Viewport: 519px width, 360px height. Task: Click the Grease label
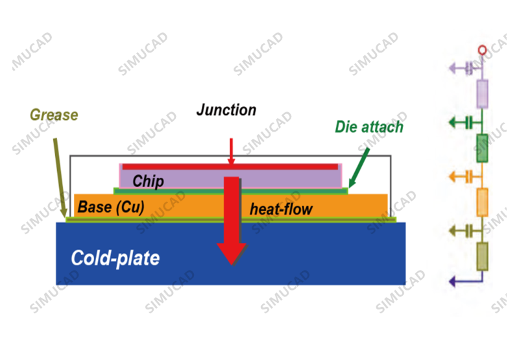(54, 115)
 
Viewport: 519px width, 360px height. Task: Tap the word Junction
(226, 110)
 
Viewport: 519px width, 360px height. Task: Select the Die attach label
(369, 126)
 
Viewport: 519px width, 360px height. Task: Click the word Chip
(148, 182)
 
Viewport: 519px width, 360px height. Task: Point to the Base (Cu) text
(111, 207)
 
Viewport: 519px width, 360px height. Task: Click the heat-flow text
(281, 209)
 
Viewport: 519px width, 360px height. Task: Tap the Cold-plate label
(115, 258)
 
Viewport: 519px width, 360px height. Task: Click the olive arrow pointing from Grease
(60, 178)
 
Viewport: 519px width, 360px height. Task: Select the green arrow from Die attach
(359, 168)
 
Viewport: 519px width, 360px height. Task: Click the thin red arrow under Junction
(231, 151)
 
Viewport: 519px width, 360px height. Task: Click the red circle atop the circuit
(482, 51)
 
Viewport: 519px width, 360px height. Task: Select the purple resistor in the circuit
(482, 94)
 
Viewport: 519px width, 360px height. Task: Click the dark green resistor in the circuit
(482, 149)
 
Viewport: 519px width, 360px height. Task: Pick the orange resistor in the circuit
(482, 202)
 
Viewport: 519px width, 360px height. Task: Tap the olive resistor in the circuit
(482, 256)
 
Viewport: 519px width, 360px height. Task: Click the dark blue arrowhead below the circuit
(452, 282)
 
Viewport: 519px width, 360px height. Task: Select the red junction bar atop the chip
(230, 167)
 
